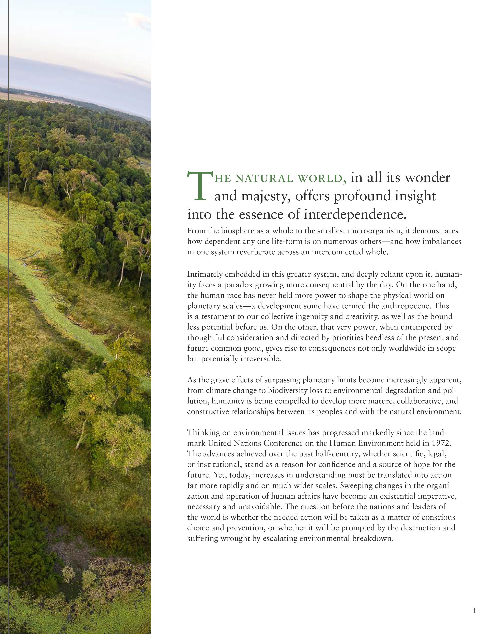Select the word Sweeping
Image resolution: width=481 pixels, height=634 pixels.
(x=354, y=485)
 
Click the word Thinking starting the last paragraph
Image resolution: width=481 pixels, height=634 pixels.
(x=203, y=432)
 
